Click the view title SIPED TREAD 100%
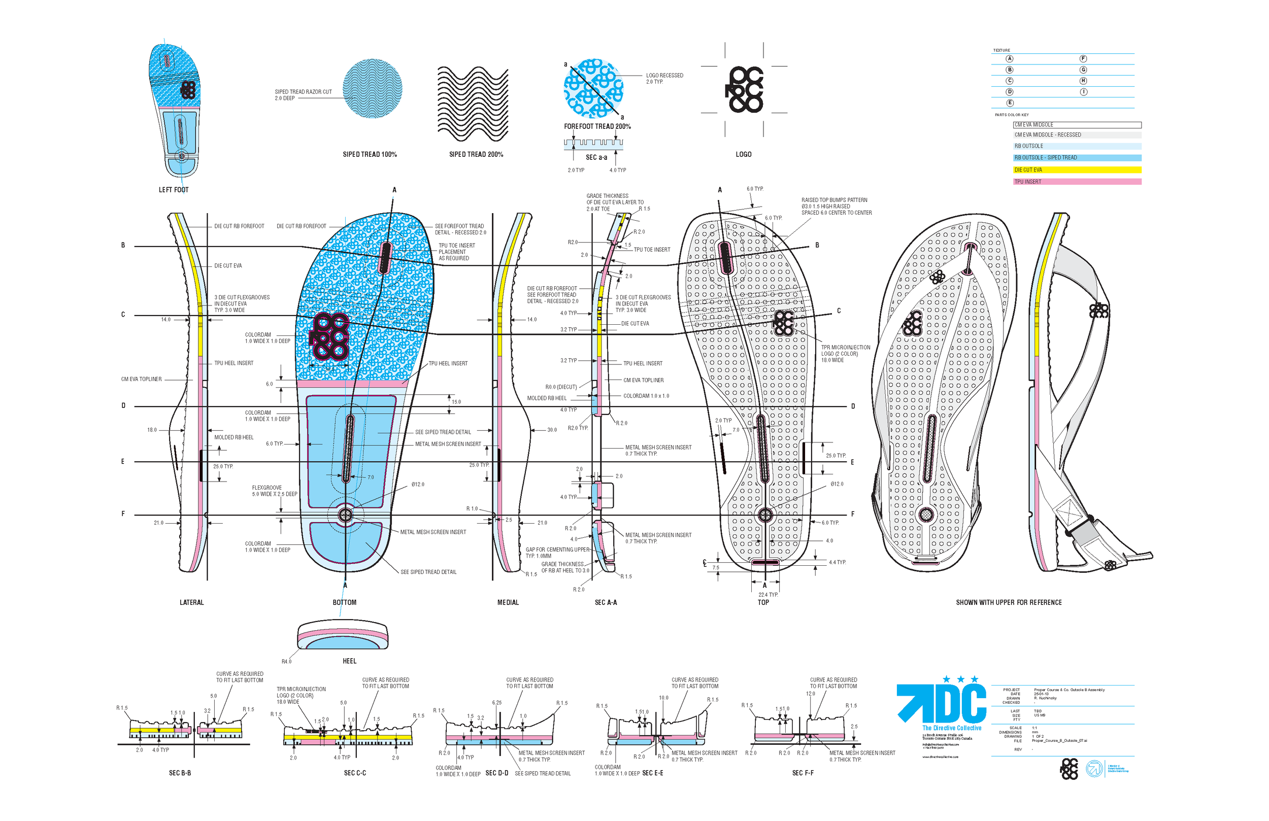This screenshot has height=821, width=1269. (370, 155)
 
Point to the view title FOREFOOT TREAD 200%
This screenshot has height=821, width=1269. (597, 126)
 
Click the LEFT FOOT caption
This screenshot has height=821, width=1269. (173, 190)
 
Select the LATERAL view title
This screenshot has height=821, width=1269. (191, 602)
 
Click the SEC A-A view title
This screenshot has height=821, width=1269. (606, 602)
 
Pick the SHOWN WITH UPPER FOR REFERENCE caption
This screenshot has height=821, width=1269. (1008, 602)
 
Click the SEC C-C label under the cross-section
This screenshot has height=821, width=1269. (355, 773)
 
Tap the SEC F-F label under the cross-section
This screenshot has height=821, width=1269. (803, 773)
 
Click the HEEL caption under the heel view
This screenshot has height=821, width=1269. (349, 661)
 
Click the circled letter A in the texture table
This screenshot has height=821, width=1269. (1009, 59)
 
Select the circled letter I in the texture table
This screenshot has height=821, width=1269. (1083, 92)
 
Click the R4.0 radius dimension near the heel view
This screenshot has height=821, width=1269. (286, 662)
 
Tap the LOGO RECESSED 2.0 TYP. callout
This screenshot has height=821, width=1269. (664, 78)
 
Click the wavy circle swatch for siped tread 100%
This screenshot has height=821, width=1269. (372, 88)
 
